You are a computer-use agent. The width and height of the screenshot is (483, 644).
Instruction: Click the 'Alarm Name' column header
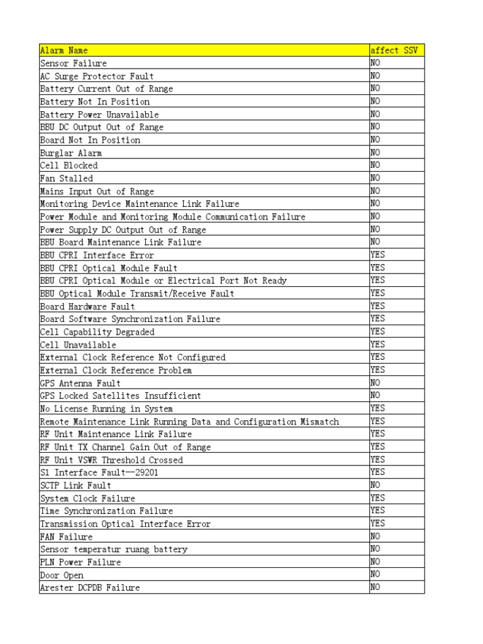(64, 50)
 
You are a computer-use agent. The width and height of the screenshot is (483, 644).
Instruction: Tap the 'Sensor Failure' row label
(74, 64)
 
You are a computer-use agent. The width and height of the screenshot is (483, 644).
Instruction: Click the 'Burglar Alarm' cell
(71, 153)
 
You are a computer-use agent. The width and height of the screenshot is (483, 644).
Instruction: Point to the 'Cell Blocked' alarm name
(69, 165)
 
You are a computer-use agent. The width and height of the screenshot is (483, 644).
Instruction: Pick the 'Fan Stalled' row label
(67, 179)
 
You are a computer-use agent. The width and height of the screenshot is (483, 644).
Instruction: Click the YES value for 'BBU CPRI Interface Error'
(377, 255)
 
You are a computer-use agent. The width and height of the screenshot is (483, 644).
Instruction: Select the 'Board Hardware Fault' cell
(87, 306)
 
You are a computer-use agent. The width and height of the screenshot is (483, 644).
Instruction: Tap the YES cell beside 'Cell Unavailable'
(377, 344)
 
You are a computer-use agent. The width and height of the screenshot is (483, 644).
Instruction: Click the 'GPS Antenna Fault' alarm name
(80, 383)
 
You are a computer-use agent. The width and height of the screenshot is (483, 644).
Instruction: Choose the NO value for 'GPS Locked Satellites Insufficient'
(375, 396)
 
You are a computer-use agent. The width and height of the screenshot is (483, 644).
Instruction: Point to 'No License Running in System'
(106, 409)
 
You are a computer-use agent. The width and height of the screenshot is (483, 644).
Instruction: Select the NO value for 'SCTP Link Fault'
(375, 485)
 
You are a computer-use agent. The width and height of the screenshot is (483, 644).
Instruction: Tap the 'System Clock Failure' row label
(87, 498)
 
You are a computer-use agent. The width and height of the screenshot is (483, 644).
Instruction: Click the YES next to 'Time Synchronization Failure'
(377, 510)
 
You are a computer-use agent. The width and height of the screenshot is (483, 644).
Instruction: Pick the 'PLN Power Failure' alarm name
(80, 562)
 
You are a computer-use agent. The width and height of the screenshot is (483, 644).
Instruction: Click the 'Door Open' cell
(62, 575)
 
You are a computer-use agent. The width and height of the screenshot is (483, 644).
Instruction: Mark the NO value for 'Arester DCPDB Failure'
(375, 587)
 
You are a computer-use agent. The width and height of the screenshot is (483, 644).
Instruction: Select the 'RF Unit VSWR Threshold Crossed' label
(111, 460)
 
